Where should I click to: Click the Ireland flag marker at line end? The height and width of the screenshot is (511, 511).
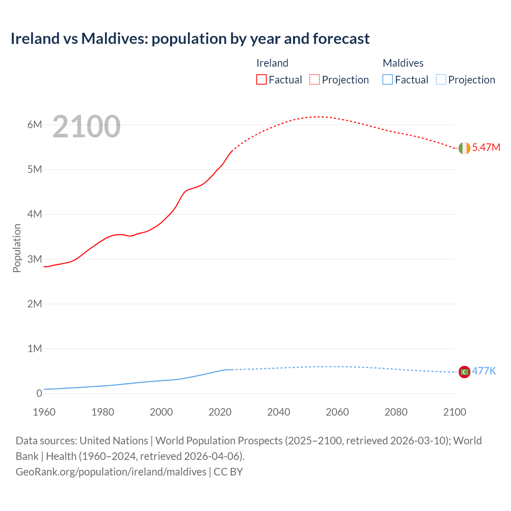tap(464, 148)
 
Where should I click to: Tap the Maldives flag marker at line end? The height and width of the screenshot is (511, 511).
tap(464, 372)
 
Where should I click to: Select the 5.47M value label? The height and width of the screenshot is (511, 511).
tap(486, 147)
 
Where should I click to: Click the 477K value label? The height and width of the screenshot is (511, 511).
tap(484, 371)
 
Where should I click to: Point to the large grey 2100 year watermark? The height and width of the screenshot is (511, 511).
tap(86, 127)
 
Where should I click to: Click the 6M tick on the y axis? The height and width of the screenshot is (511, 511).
tap(35, 125)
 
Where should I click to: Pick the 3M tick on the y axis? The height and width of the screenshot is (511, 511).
tap(35, 259)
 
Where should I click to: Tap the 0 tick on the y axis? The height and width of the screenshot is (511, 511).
tap(39, 393)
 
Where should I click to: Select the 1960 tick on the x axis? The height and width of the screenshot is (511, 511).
tap(44, 412)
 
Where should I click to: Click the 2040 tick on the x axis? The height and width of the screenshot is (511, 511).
tap(279, 412)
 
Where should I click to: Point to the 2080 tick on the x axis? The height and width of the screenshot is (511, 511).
tap(396, 412)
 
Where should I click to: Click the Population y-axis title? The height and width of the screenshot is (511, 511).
tap(17, 248)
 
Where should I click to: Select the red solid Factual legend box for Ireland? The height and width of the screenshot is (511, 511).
tap(261, 79)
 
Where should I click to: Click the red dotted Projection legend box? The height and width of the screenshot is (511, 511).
tap(315, 79)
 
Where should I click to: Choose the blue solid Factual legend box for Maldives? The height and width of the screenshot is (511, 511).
tap(388, 79)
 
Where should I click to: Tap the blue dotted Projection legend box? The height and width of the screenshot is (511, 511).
tap(441, 79)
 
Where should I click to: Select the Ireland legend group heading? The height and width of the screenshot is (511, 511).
tap(272, 63)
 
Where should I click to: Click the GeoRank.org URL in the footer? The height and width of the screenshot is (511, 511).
tap(111, 471)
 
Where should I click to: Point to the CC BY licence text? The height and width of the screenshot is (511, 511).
tap(228, 471)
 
